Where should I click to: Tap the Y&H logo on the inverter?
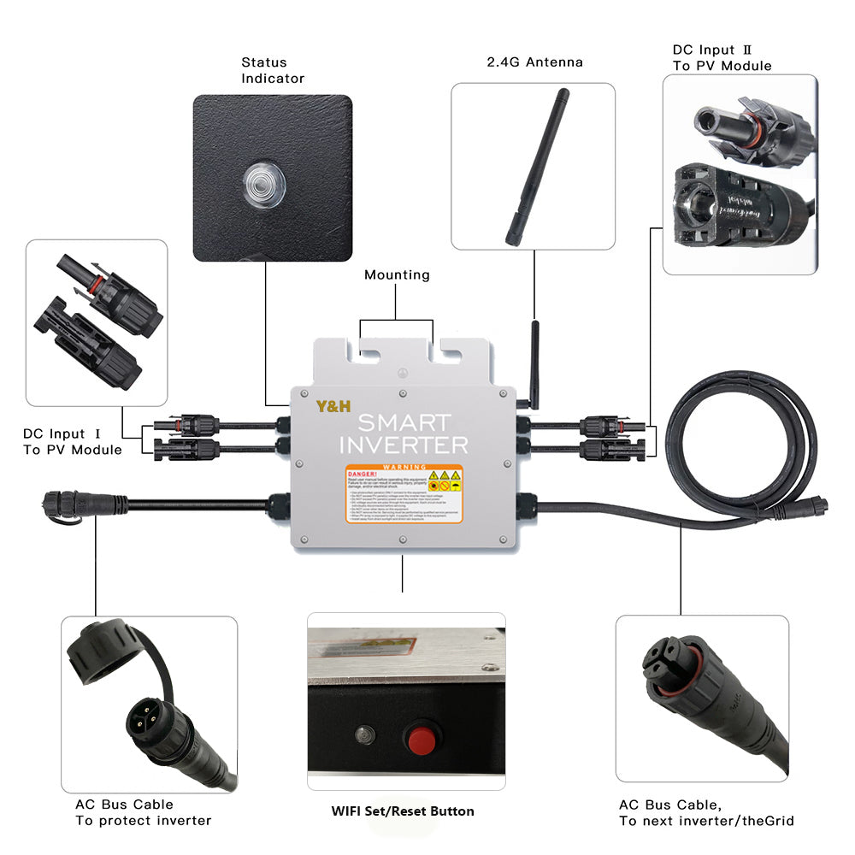(333, 406)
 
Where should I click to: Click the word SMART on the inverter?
(404, 422)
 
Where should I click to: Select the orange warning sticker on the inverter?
(404, 494)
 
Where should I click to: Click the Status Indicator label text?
(273, 70)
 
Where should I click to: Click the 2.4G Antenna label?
(534, 62)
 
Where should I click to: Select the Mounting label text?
(397, 275)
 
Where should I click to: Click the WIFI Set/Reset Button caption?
(403, 811)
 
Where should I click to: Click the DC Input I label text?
(73, 442)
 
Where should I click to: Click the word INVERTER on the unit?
(404, 445)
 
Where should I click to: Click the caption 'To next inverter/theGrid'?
(706, 821)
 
